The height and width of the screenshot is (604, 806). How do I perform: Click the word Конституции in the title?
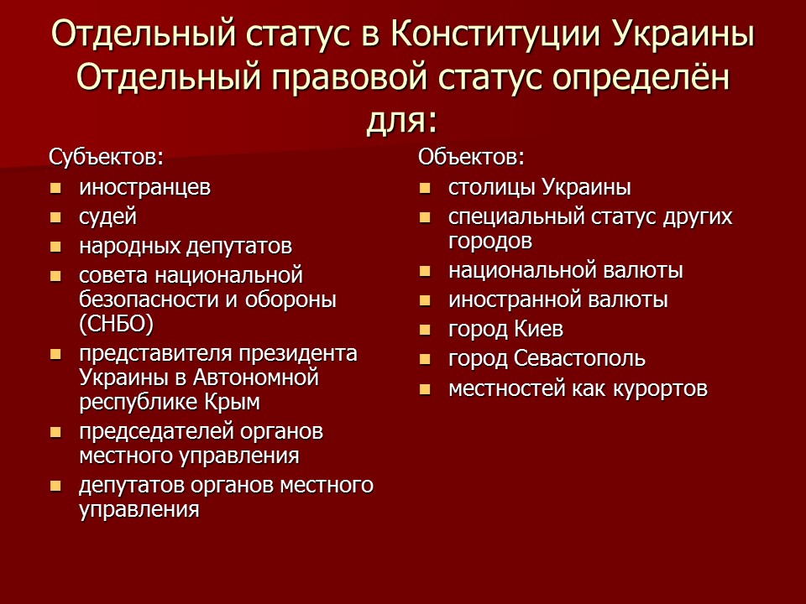coord(495,34)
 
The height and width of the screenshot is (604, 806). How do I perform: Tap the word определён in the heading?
coord(641,78)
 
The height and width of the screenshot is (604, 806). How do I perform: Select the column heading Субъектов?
coord(107,157)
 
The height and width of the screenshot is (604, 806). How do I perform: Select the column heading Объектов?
coord(471,157)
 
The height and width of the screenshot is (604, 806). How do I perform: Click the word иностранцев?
coord(145,187)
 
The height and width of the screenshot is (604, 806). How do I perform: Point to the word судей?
coord(108,216)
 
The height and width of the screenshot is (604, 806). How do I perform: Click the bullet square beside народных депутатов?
coord(55,247)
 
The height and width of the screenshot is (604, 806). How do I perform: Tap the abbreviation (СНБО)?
coord(117,324)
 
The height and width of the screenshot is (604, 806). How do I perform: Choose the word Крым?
coord(233,402)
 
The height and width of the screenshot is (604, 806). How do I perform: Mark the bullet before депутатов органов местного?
coord(55,486)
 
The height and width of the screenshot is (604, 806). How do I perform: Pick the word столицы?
coord(492,187)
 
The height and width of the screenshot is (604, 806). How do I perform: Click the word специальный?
coord(516,217)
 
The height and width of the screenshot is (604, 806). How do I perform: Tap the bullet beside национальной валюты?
coord(425,271)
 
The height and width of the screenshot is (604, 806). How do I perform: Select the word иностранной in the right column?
coord(515,299)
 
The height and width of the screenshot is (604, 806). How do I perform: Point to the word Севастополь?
coord(579,358)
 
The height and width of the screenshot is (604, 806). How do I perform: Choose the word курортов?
coord(660,388)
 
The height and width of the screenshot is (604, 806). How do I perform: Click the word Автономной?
coord(256,378)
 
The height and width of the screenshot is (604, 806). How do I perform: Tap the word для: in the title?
coord(402,121)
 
